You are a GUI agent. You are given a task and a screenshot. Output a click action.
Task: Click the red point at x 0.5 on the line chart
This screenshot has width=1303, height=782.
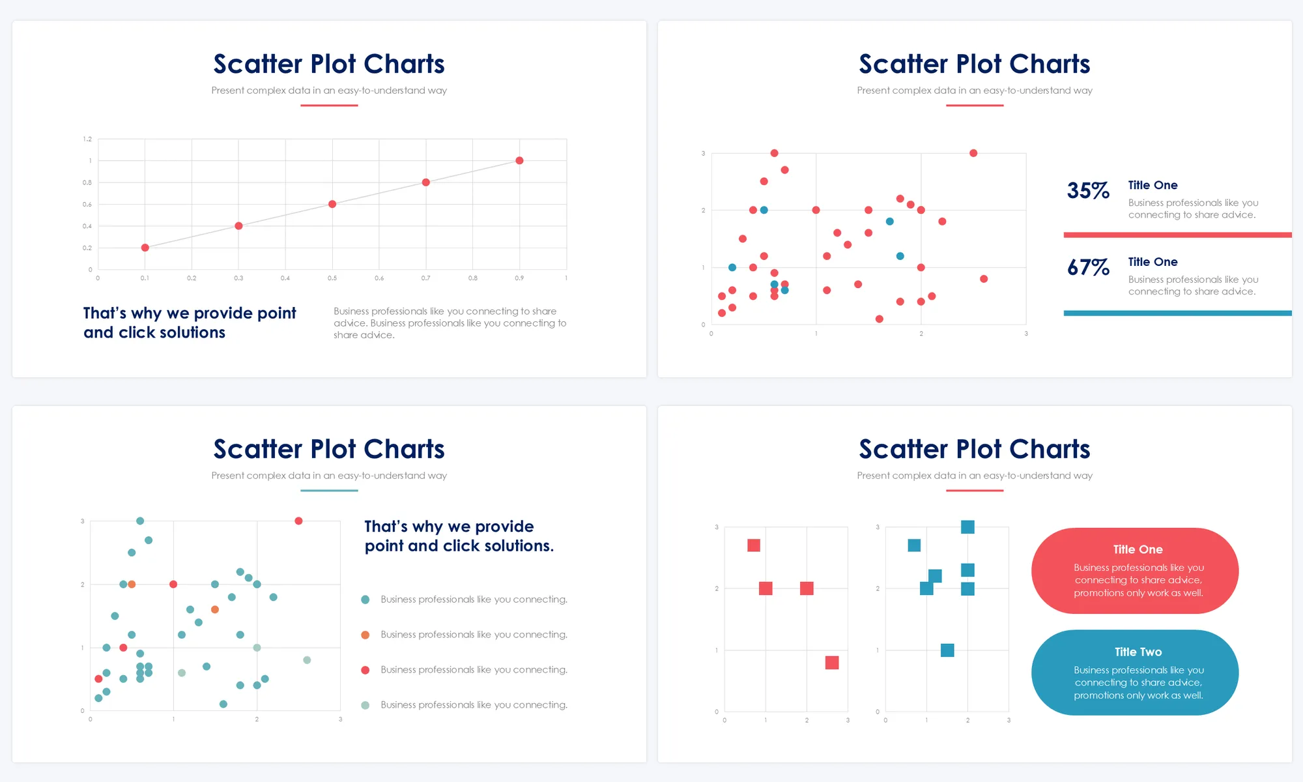332,204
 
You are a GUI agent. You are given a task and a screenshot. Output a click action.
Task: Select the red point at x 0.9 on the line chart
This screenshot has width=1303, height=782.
519,160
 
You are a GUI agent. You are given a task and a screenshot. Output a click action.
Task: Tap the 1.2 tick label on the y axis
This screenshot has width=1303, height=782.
87,139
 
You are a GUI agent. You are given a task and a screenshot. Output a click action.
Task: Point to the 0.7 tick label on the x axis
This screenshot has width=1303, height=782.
425,278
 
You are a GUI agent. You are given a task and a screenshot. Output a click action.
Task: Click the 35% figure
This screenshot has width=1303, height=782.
1088,190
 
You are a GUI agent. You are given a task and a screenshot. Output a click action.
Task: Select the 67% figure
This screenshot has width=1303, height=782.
1088,267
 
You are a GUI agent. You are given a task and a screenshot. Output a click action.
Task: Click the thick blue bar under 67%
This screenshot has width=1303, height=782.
1177,313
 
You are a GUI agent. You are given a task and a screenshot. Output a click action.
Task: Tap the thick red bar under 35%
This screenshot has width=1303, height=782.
1177,235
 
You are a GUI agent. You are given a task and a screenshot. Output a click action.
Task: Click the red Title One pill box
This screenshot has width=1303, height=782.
1135,571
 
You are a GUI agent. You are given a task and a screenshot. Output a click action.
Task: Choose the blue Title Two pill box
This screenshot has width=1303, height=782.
1135,673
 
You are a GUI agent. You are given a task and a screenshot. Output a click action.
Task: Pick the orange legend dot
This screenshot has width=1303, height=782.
365,635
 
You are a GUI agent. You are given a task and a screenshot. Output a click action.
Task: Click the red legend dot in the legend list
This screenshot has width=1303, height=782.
365,670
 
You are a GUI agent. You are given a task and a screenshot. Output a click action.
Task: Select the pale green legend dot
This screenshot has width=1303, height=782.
365,705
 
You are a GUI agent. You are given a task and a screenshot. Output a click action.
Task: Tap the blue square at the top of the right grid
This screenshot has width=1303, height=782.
967,527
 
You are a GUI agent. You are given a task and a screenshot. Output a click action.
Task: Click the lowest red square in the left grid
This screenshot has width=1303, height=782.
831,663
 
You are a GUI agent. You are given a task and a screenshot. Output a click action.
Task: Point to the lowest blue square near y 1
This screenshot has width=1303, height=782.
947,650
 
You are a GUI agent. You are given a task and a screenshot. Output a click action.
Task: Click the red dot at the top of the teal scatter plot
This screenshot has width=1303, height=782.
298,521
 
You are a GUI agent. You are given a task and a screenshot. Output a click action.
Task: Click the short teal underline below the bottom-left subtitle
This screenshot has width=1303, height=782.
329,490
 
